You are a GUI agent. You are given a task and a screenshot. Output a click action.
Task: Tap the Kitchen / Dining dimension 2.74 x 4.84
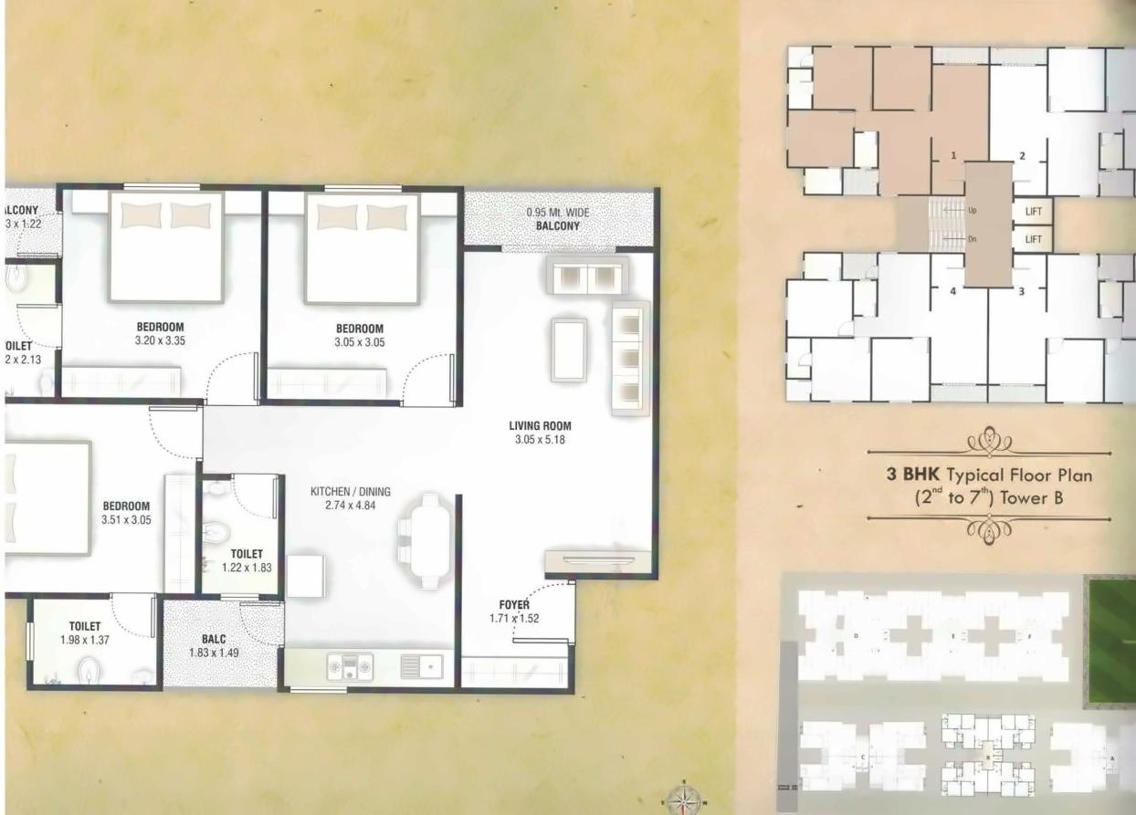click(x=343, y=505)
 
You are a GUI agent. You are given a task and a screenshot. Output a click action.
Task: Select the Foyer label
click(x=514, y=604)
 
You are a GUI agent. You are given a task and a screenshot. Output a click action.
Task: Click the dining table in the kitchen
click(x=430, y=540)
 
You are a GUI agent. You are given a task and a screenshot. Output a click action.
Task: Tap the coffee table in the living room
click(x=569, y=350)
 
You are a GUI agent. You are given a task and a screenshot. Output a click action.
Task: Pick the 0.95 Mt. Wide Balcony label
click(x=559, y=219)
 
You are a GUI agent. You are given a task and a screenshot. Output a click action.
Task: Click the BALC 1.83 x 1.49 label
click(x=215, y=646)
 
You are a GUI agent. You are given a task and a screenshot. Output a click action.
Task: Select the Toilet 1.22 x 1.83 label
click(x=247, y=560)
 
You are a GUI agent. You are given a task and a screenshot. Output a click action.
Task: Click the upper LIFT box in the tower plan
click(x=1034, y=211)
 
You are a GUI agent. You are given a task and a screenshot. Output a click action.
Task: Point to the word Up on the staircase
click(x=973, y=210)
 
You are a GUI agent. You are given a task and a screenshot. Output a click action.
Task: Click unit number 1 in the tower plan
click(x=952, y=156)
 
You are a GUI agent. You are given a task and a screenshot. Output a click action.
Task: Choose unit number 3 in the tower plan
click(x=1021, y=291)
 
